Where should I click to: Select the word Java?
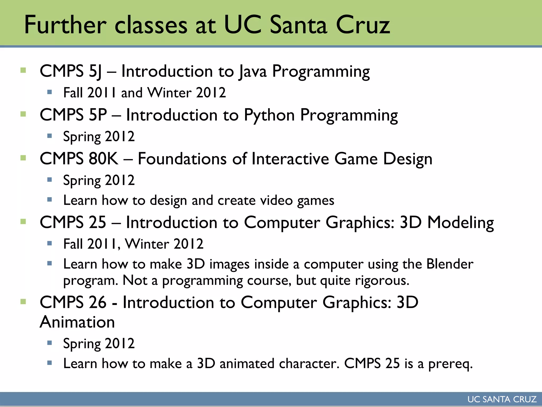tap(252, 71)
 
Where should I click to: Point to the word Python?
tap(269, 115)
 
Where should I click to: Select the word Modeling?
tap(460, 222)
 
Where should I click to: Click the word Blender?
tap(450, 264)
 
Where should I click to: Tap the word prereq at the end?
tap(450, 364)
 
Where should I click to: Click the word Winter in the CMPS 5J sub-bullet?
tap(169, 93)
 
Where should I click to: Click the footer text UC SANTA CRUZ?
tap(502, 399)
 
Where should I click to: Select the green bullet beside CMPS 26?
tap(23, 302)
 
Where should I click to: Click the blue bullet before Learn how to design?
tap(49, 200)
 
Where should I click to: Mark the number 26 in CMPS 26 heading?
tap(97, 302)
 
